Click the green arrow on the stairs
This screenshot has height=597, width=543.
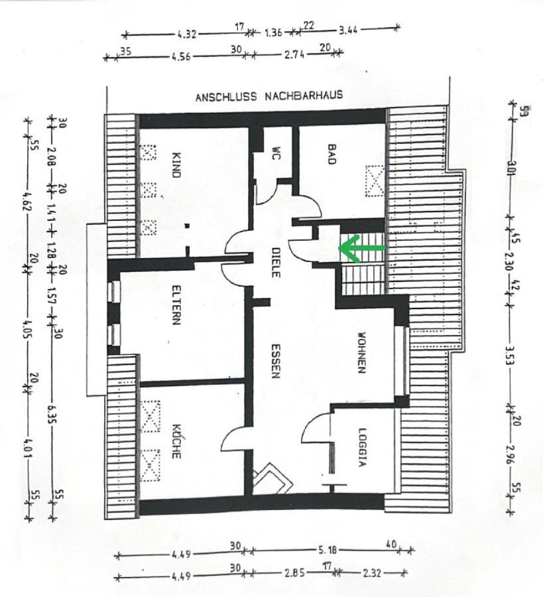coord(361,248)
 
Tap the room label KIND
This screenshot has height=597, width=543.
coord(176,165)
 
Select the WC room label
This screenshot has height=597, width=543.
coord(276,153)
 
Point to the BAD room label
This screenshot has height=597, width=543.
coord(332,153)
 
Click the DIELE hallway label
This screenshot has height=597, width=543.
coord(276,262)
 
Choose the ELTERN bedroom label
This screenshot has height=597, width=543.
coord(176,305)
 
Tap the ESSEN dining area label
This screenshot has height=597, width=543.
coord(276,361)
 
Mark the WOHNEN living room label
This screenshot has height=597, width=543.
coord(361,353)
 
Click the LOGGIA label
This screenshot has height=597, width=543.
coord(362,448)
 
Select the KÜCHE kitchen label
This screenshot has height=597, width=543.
coord(176,441)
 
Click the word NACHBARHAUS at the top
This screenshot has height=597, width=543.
coord(304,95)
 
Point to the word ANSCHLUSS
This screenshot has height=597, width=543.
coord(226,97)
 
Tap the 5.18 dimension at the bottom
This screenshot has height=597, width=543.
coord(327,550)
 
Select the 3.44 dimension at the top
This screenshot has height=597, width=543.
coord(348,30)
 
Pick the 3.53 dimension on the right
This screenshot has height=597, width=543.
coord(511,354)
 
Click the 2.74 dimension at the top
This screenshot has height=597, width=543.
coord(294,54)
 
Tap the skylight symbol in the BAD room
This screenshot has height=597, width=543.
coord(375,181)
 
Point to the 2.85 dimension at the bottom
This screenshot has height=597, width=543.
coord(294,572)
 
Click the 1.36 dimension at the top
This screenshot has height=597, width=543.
coord(273,33)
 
